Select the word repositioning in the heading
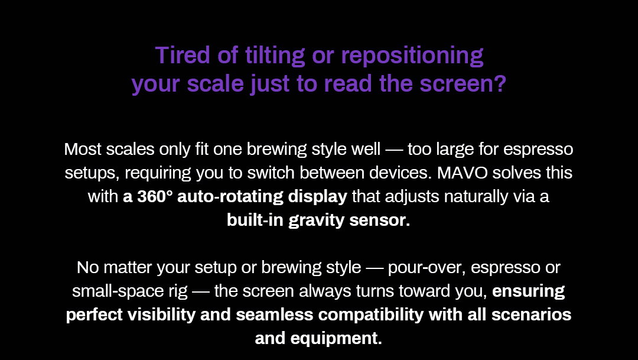point(412,56)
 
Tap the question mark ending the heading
point(500,83)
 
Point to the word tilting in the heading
point(275,56)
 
